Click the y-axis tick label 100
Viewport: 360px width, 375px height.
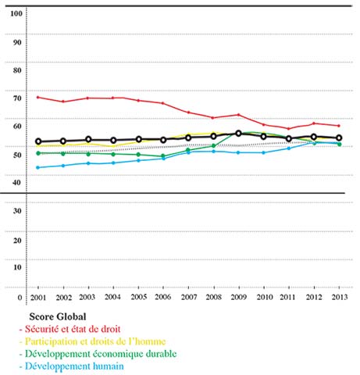[x=16, y=13]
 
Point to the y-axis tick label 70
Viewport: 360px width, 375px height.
[x=17, y=98]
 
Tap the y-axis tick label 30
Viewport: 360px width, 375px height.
[x=17, y=211]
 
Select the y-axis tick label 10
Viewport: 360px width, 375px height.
[x=17, y=267]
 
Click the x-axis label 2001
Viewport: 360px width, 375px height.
[x=38, y=298]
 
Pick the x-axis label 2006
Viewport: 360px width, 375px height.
[x=163, y=297]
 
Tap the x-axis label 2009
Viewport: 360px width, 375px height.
[x=239, y=297]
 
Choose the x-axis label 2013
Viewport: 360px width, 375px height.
[x=340, y=297]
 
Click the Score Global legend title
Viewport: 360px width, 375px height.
[x=58, y=316]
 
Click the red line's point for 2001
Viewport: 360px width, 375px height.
[x=38, y=98]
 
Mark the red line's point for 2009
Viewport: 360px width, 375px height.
[x=238, y=115]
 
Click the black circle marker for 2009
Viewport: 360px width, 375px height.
[x=238, y=134]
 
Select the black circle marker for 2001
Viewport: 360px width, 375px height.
[x=38, y=141]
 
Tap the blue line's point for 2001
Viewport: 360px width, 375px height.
[x=38, y=167]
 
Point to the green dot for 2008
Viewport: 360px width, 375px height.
[x=213, y=145]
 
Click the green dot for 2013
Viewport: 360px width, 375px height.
[x=339, y=144]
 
